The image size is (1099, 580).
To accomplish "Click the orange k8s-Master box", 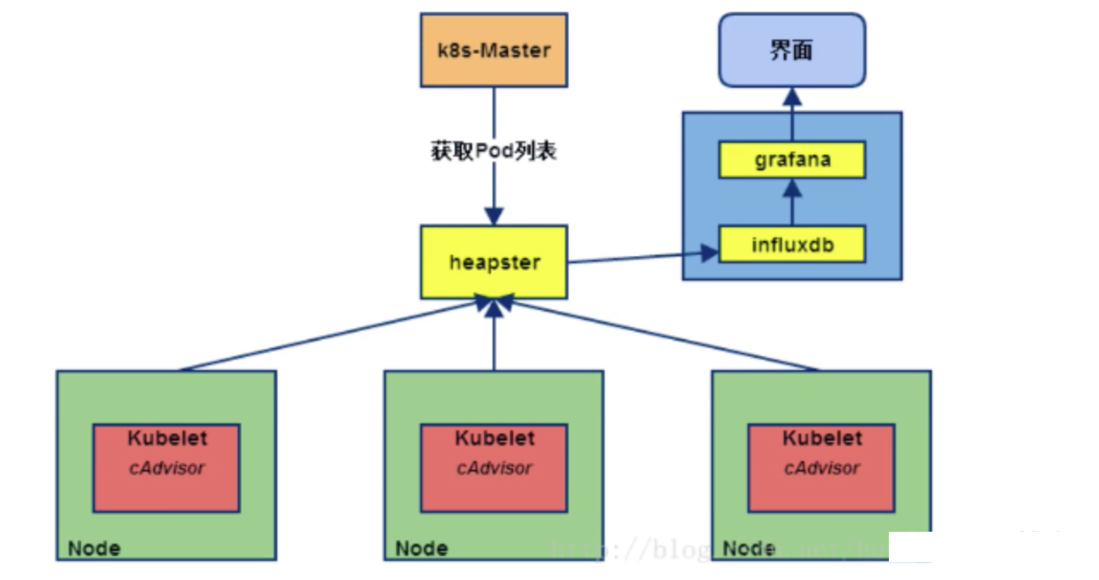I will [x=494, y=50].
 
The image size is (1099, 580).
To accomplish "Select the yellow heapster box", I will [x=494, y=262].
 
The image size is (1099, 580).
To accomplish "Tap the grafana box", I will [x=792, y=160].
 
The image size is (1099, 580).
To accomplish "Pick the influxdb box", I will [x=792, y=245].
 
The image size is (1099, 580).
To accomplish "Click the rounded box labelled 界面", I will [x=792, y=50].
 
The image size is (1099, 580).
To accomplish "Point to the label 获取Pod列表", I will [x=494, y=151].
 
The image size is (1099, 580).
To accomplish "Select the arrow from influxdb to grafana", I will [x=792, y=203].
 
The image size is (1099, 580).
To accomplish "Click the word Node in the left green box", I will [x=94, y=548].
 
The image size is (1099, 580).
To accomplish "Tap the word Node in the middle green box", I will [x=421, y=548].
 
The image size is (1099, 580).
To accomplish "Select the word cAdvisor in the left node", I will [x=166, y=468].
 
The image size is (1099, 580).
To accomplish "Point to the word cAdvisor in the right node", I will [x=821, y=468].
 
